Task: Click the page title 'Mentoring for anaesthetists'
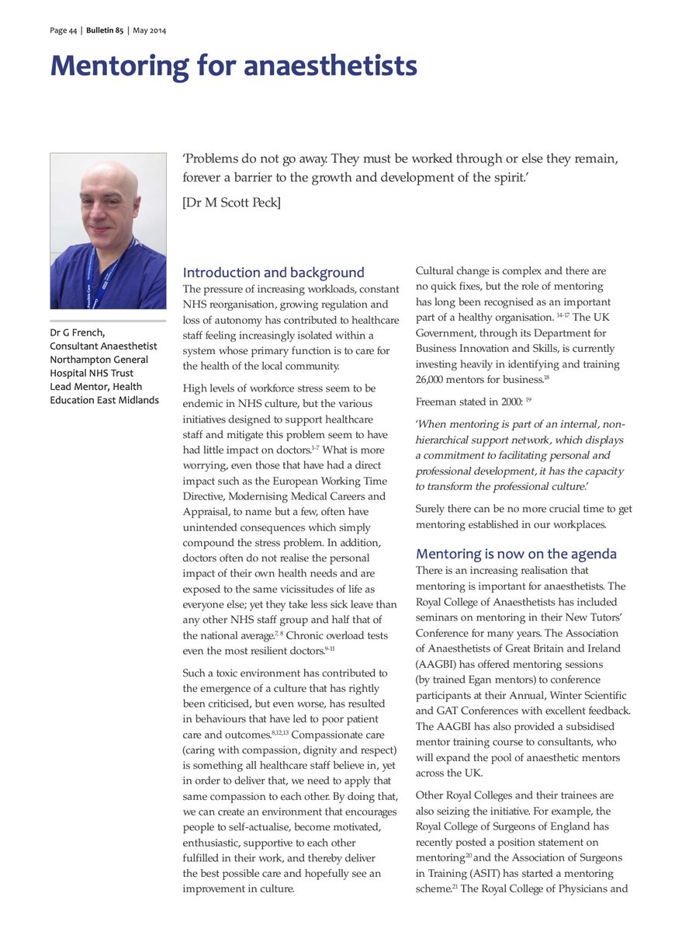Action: click(234, 66)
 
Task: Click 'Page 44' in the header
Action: click(62, 30)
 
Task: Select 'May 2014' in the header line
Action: click(150, 30)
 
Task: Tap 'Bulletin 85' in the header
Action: click(105, 30)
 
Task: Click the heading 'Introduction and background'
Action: click(273, 273)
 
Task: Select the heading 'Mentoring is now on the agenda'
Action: click(516, 554)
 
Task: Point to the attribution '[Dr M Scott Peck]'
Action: click(231, 203)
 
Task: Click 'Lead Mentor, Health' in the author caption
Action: click(95, 387)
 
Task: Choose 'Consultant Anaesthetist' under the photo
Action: click(103, 346)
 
